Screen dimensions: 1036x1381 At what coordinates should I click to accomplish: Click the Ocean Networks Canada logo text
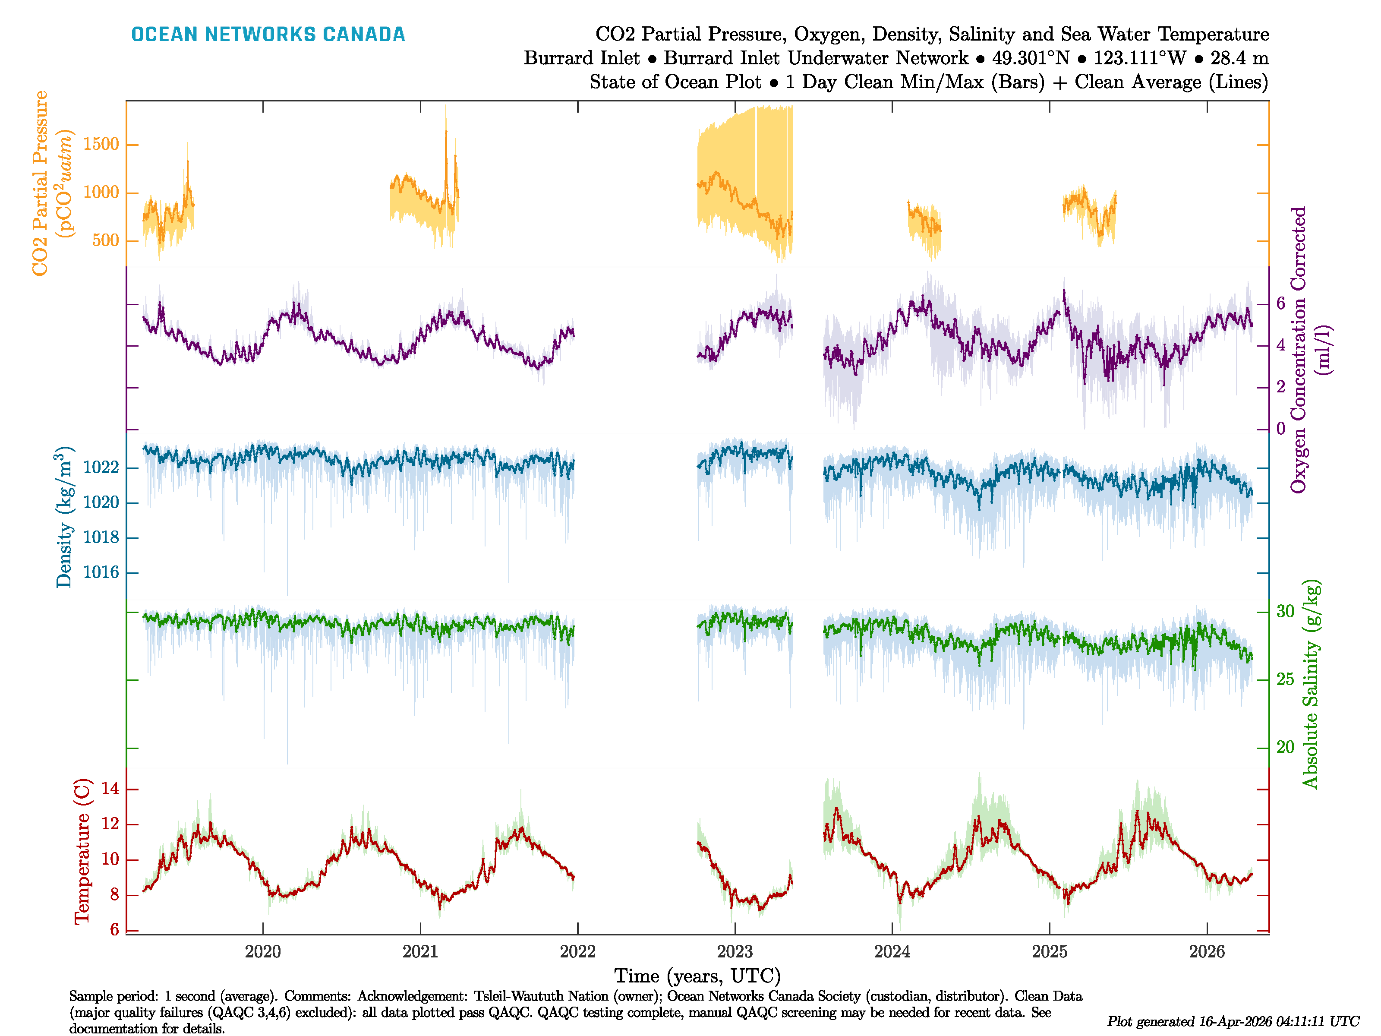(268, 35)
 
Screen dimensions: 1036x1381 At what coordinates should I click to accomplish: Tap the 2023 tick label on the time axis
(735, 952)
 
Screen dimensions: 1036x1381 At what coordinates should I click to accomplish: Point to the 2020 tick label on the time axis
(263, 952)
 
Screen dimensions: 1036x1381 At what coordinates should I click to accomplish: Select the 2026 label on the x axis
(1207, 952)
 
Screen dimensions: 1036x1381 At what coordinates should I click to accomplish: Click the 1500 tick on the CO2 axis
(101, 144)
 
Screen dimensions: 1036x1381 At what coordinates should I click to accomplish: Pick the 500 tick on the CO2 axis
(105, 240)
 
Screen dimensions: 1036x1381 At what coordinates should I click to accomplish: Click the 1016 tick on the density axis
(101, 573)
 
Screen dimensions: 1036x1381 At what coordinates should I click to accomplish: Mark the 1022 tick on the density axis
(101, 468)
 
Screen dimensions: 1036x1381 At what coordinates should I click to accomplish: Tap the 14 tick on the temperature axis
(110, 789)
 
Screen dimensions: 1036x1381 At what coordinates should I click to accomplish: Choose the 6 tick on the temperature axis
(114, 930)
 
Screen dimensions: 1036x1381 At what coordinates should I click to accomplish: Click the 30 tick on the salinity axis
(1286, 611)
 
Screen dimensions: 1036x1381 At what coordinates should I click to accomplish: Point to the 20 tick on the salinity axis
(1286, 747)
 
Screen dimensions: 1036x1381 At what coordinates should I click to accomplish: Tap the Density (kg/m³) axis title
(64, 517)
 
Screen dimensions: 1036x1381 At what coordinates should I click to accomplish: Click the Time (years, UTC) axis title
(697, 976)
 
